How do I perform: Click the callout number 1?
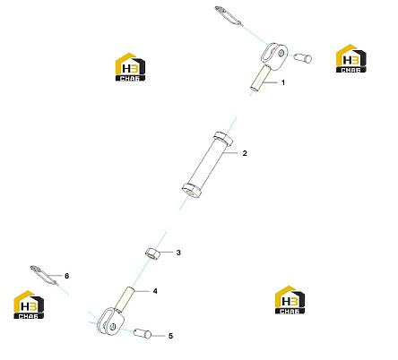pyautogui.click(x=283, y=82)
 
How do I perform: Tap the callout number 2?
pyautogui.click(x=245, y=153)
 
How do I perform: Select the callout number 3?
pyautogui.click(x=178, y=253)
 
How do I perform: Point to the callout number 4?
pyautogui.click(x=155, y=291)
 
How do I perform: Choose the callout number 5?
pyautogui.click(x=170, y=336)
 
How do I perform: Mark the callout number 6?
pyautogui.click(x=66, y=276)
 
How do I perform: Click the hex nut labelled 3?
pyautogui.click(x=152, y=253)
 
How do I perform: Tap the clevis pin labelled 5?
pyautogui.click(x=143, y=333)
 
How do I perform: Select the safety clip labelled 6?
pyautogui.click(x=43, y=276)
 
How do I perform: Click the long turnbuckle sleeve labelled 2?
pyautogui.click(x=208, y=164)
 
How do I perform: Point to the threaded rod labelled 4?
pyautogui.click(x=126, y=298)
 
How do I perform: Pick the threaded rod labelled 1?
pyautogui.click(x=261, y=77)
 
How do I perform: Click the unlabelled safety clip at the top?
pyautogui.click(x=228, y=15)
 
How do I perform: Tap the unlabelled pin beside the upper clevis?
pyautogui.click(x=303, y=57)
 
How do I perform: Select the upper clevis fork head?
pyautogui.click(x=274, y=56)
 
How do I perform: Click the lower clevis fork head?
pyautogui.click(x=111, y=321)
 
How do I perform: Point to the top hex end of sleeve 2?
pyautogui.click(x=223, y=139)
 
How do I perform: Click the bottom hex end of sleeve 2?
pyautogui.click(x=192, y=190)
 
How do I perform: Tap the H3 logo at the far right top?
pyautogui.click(x=351, y=58)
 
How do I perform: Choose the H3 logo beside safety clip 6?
pyautogui.click(x=29, y=304)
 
